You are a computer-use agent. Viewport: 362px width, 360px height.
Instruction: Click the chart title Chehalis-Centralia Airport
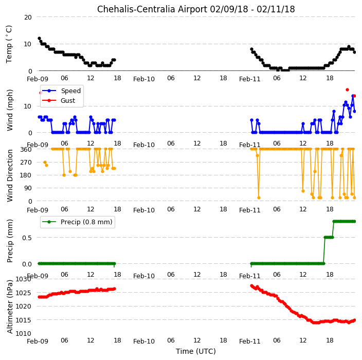[x=152, y=9]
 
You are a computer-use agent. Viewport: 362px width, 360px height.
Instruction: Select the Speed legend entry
[x=61, y=91]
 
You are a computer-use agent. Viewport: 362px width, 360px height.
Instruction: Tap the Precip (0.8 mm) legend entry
[x=77, y=222]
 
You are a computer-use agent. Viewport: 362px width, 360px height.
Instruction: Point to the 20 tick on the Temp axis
[x=28, y=17]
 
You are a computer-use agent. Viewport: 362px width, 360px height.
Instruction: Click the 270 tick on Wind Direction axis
[x=26, y=163]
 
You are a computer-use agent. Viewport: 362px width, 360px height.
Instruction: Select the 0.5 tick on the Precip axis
[x=27, y=238]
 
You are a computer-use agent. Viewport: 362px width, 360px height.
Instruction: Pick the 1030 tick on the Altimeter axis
[x=23, y=279]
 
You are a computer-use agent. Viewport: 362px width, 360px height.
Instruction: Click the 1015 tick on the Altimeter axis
[x=23, y=320]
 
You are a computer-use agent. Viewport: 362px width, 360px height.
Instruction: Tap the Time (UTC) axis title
[x=196, y=351]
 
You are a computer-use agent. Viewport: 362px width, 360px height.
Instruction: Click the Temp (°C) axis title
[x=9, y=44]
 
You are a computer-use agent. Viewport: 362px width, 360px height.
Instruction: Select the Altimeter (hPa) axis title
[x=10, y=307]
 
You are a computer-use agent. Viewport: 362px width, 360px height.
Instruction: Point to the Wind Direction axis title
[x=10, y=175]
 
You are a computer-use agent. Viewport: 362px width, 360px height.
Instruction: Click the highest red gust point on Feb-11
[x=347, y=90]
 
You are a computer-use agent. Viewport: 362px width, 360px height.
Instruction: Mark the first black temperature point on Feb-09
[x=39, y=39]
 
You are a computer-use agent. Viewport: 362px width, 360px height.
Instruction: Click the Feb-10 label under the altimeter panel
[x=144, y=341]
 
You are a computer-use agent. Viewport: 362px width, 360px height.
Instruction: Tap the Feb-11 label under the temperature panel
[x=250, y=79]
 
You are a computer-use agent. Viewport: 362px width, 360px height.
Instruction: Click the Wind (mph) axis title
[x=10, y=111]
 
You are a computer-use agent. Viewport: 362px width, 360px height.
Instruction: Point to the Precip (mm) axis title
[x=10, y=241]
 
